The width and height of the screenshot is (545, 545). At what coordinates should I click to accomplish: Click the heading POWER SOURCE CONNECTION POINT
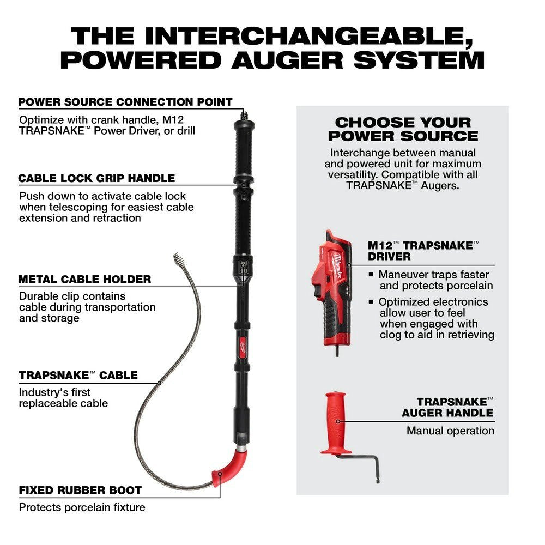(125, 102)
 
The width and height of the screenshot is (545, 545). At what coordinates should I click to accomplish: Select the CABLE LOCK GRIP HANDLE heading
(96, 178)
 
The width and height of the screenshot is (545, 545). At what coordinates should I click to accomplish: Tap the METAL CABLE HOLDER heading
(84, 280)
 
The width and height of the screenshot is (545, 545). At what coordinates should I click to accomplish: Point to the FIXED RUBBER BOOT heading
(80, 490)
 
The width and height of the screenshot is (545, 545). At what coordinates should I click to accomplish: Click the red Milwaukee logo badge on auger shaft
(241, 344)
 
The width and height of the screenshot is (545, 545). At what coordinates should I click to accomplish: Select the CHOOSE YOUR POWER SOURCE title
(402, 129)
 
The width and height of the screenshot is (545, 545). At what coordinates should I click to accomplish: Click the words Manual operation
(450, 431)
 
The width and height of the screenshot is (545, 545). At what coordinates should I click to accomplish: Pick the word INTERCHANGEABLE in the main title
(301, 35)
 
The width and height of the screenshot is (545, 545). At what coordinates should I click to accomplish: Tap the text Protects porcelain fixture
(82, 507)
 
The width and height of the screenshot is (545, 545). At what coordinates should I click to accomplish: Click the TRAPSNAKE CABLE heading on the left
(78, 376)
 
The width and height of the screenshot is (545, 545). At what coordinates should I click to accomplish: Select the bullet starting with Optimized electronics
(433, 318)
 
